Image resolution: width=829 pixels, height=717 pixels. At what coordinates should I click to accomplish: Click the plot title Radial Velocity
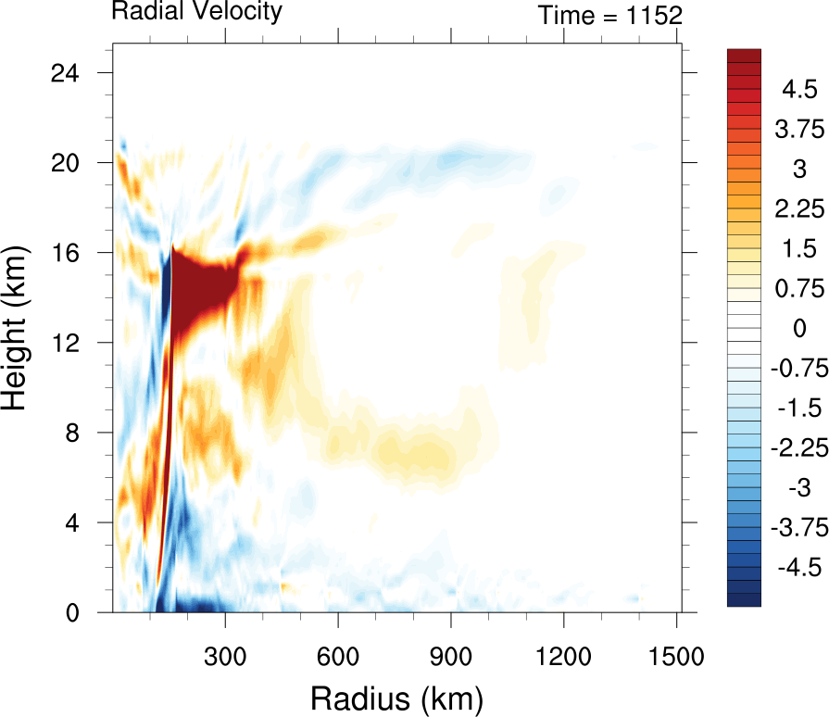point(196,12)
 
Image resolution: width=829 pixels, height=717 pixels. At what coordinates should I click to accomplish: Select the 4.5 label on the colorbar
point(798,90)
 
